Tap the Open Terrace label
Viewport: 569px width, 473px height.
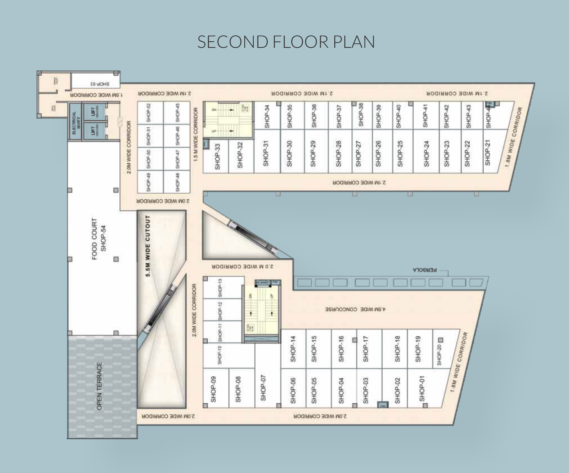99,386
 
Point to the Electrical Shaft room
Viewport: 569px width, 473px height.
75,122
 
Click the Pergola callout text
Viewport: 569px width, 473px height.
425,270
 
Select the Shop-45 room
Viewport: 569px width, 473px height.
177,112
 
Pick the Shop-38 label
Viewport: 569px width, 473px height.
361,115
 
